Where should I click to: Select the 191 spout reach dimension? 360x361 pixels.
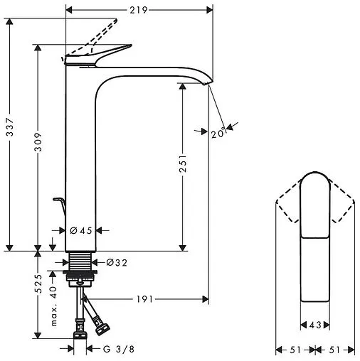(144, 298)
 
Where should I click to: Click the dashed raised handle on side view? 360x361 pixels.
(96, 35)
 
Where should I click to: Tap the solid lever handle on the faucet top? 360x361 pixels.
(100, 55)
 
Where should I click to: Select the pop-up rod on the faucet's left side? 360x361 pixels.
(60, 205)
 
